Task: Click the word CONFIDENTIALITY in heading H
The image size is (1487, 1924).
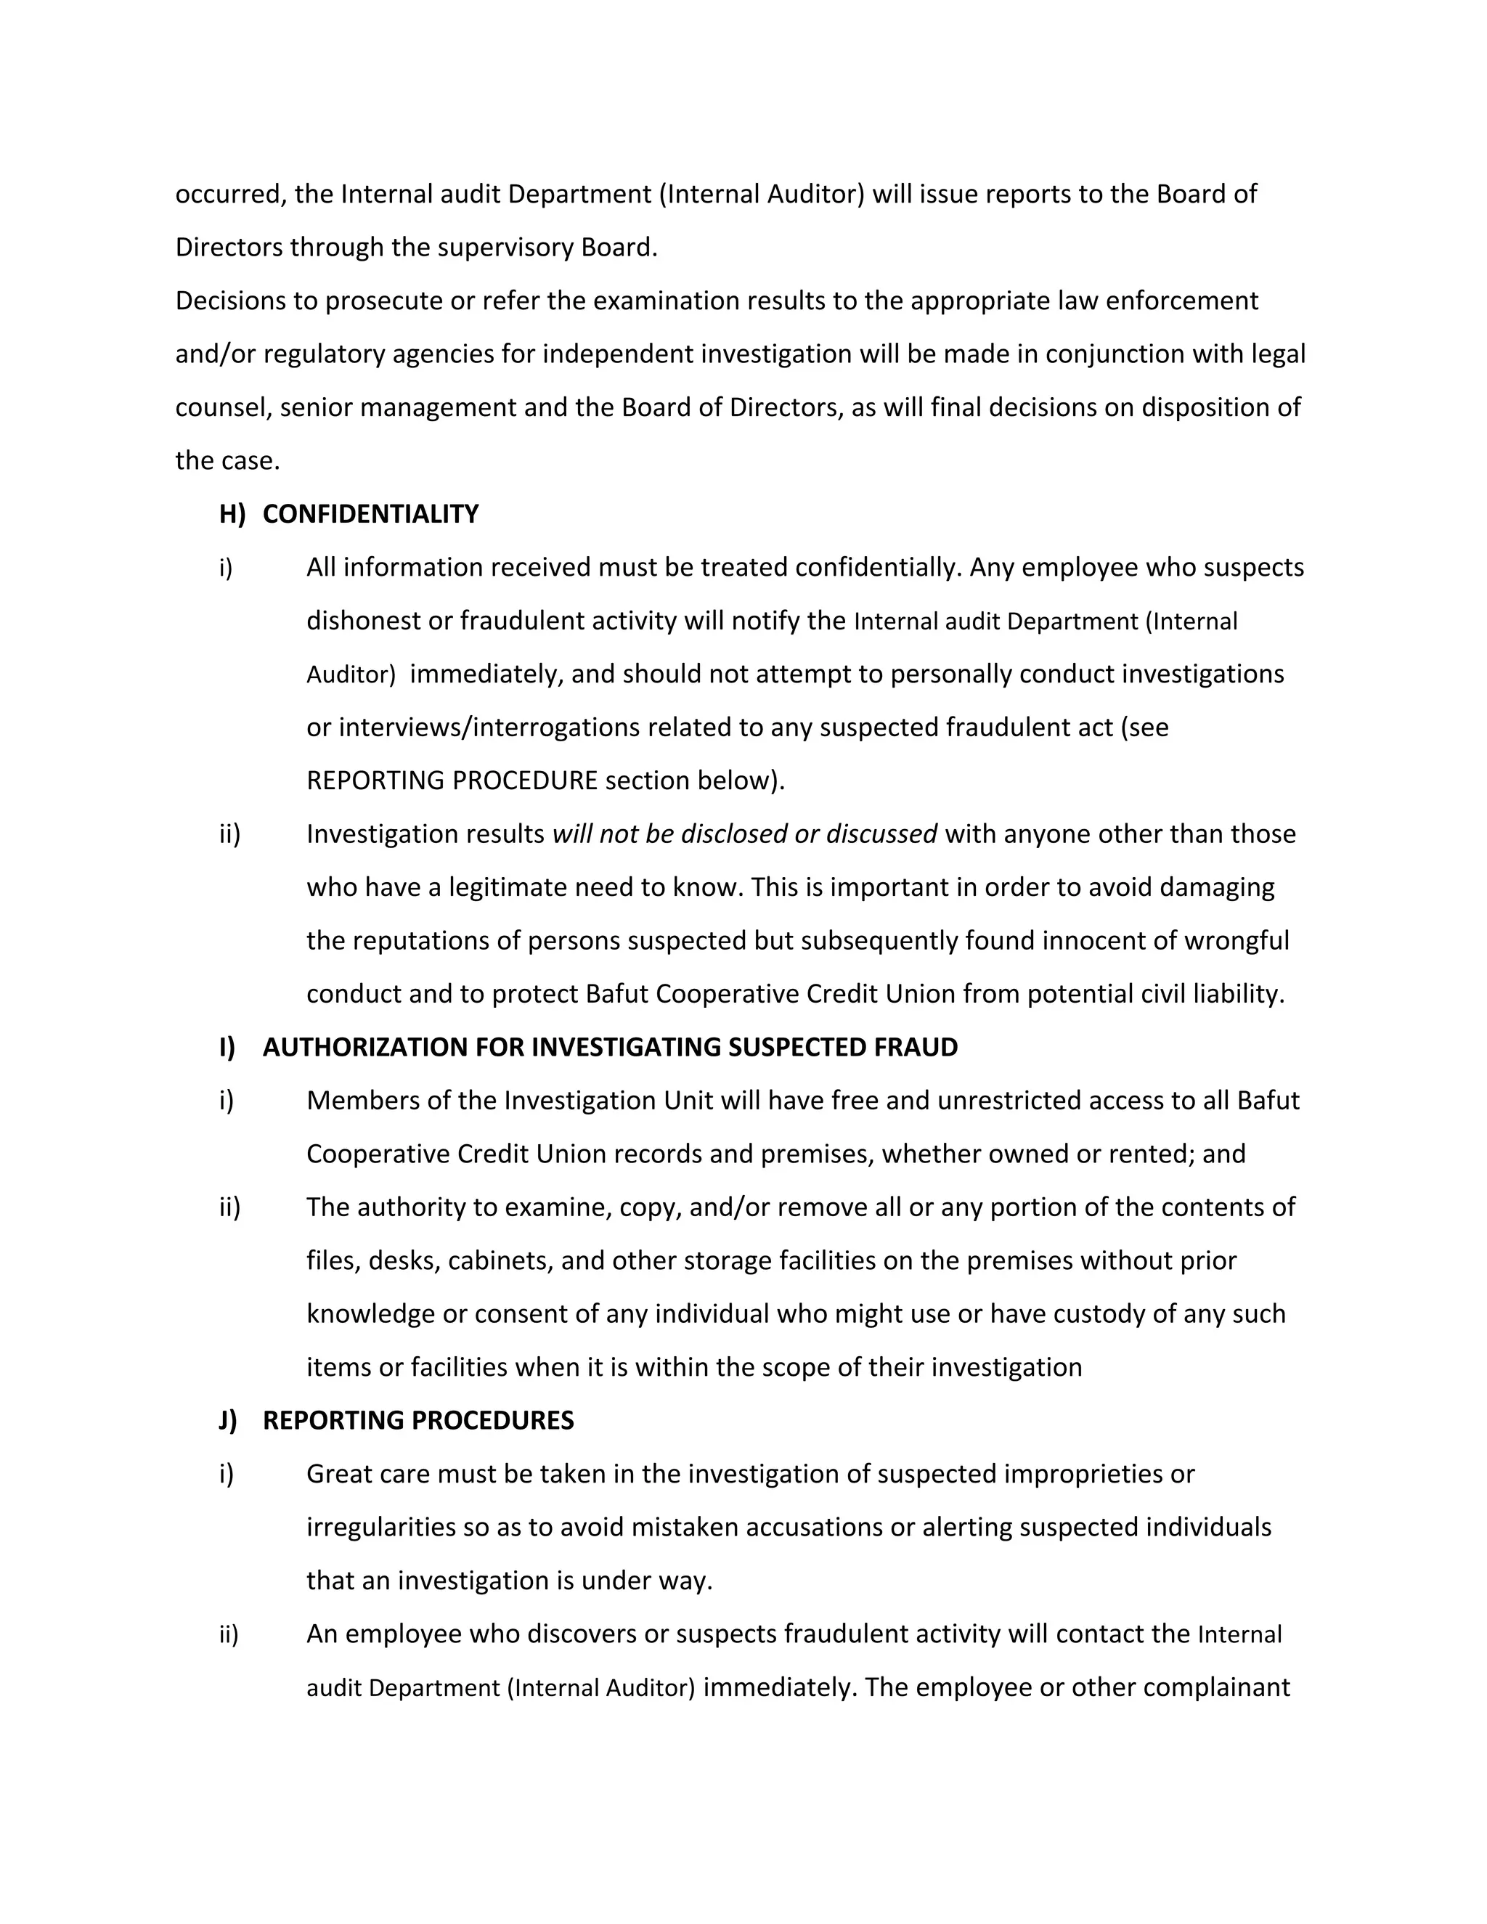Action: [x=370, y=515]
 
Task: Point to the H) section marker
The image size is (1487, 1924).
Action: [x=232, y=515]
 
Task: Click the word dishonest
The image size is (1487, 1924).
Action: [x=363, y=621]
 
